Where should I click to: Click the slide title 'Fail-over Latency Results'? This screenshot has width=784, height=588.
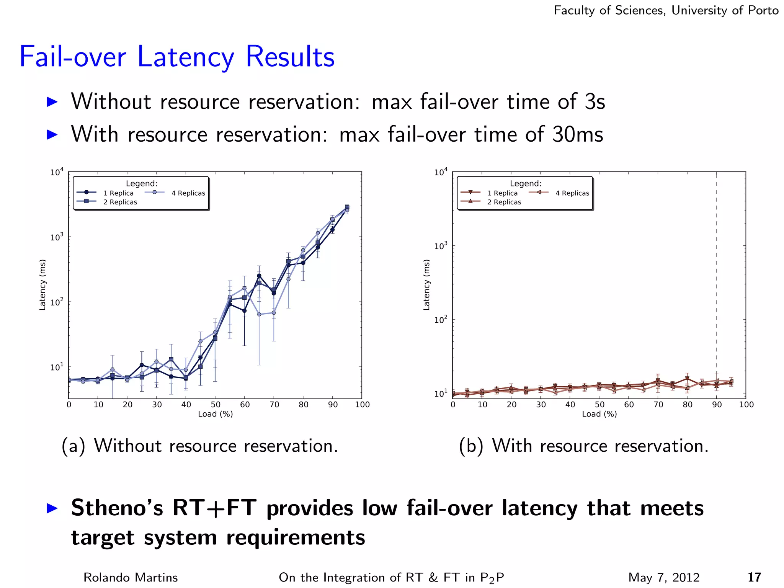177,57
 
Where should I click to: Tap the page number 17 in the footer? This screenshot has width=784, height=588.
754,577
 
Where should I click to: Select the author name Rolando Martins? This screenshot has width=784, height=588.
131,577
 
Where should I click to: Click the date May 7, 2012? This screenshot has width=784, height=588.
664,577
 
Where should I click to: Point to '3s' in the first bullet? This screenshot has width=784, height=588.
595,102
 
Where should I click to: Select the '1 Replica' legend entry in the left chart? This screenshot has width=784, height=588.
118,193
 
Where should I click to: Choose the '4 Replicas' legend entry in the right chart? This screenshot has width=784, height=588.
572,193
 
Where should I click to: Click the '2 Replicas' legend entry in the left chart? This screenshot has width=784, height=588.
120,202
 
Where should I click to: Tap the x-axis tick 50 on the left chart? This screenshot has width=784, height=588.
216,405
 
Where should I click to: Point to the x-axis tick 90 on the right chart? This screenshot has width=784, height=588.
717,405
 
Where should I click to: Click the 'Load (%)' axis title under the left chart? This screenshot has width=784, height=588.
215,414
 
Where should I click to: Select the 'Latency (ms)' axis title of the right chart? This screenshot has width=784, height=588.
426,284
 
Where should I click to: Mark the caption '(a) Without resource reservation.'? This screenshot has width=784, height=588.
200,446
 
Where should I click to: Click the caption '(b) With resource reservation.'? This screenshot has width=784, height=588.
583,446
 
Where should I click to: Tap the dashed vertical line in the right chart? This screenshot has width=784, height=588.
717,268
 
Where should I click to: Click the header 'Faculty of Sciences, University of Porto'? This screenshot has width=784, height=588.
666,10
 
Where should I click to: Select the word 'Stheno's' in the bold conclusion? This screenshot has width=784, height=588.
117,508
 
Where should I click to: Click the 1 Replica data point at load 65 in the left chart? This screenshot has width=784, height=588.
259,276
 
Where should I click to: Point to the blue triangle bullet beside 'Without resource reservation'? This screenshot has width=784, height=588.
52,102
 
